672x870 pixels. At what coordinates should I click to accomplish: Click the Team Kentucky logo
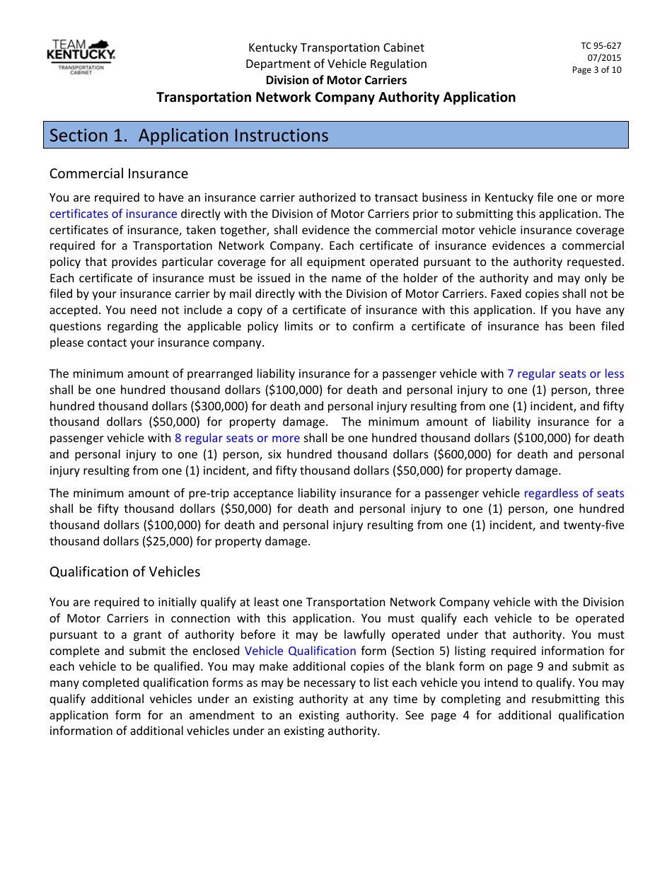[x=81, y=56]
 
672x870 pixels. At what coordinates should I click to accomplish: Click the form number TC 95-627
[x=601, y=46]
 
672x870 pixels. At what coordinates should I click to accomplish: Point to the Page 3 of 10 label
[x=596, y=70]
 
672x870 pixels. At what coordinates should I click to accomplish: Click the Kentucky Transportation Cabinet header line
[x=336, y=47]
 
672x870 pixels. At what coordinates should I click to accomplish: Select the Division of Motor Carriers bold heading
[x=336, y=80]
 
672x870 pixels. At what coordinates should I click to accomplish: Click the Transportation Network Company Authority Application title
[x=336, y=97]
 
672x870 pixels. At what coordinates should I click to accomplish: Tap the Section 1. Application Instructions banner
[x=336, y=135]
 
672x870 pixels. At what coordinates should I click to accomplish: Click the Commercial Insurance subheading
[x=119, y=174]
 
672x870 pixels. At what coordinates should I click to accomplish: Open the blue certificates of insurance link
[x=113, y=214]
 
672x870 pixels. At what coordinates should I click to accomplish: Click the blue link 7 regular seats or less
[x=565, y=373]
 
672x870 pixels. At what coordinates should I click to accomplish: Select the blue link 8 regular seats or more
[x=237, y=438]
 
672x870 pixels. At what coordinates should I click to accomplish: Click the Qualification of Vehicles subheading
[x=124, y=572]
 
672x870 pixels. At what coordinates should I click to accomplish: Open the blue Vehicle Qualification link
[x=300, y=651]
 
